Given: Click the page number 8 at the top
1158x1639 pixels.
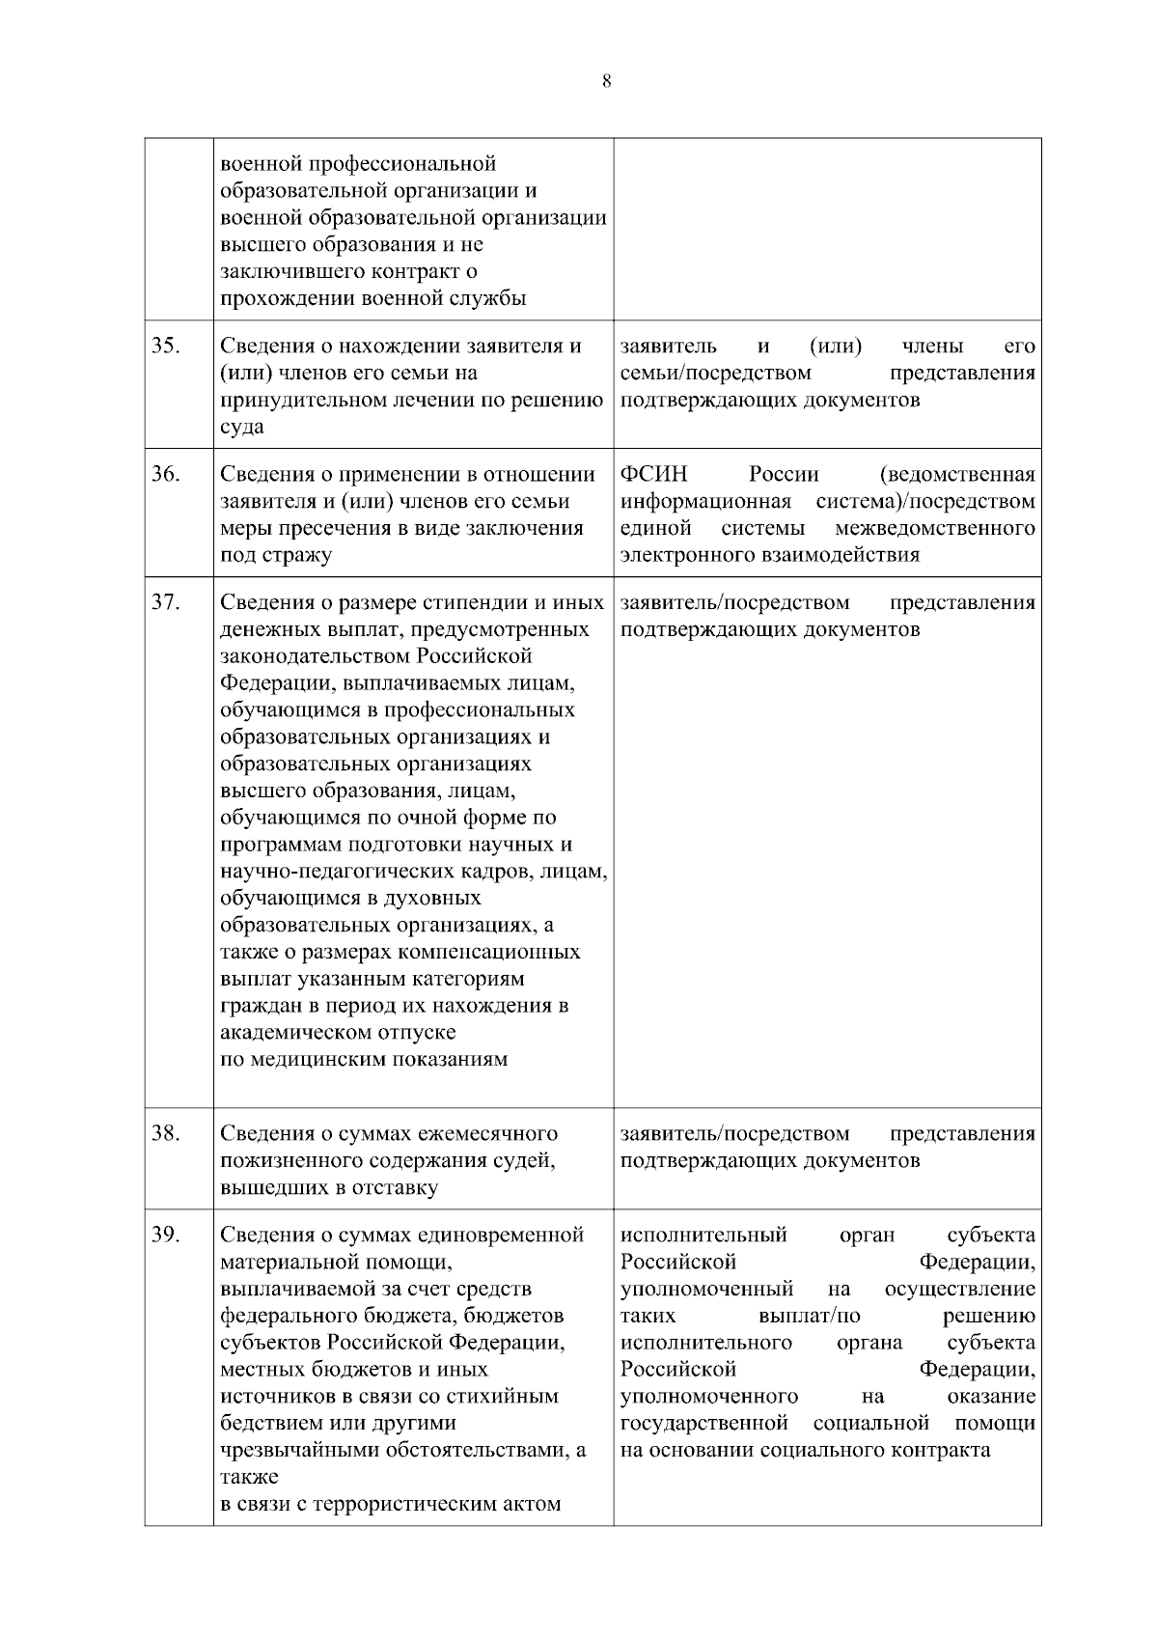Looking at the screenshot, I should (606, 81).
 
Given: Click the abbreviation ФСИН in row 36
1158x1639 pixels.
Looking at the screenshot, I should (653, 474).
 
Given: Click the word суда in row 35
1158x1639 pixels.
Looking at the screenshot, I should (242, 427).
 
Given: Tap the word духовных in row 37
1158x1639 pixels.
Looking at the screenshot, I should (430, 898).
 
